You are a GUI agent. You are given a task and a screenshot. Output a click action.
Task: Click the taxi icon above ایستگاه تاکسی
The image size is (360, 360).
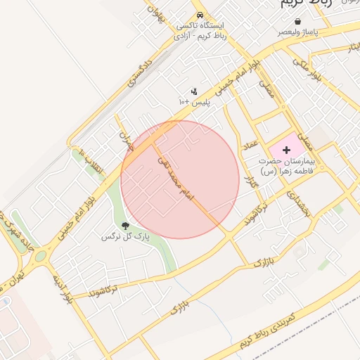tap(200, 15)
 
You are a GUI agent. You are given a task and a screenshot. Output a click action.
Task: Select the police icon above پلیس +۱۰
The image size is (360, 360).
tap(194, 91)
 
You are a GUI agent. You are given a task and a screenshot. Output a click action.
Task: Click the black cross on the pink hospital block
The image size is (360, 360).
tap(286, 150)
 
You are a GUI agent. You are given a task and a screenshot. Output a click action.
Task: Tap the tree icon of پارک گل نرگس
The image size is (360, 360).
tap(126, 226)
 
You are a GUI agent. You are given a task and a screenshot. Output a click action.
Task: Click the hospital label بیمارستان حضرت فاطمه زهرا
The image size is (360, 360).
tap(288, 166)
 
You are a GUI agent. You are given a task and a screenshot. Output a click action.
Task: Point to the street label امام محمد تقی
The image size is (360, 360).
tap(176, 176)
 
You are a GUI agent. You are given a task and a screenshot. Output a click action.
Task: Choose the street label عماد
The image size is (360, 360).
tap(249, 146)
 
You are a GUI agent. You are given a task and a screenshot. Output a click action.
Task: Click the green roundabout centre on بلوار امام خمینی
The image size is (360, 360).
tap(40, 255)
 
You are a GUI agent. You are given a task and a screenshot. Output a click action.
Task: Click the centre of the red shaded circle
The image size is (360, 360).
tap(180, 180)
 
